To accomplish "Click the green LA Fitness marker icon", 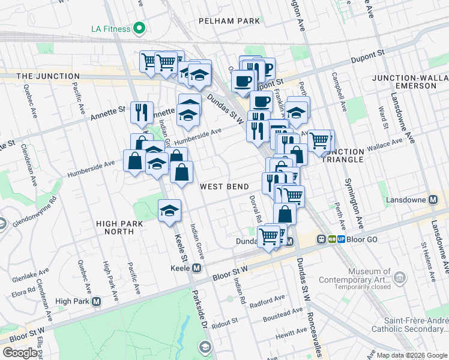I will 140,28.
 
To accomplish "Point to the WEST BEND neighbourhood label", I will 224,187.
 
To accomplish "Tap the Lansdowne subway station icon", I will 433,199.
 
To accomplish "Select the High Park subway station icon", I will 95,301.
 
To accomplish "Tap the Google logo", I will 20,353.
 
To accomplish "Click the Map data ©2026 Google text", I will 411,355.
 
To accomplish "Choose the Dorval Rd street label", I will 255,208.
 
